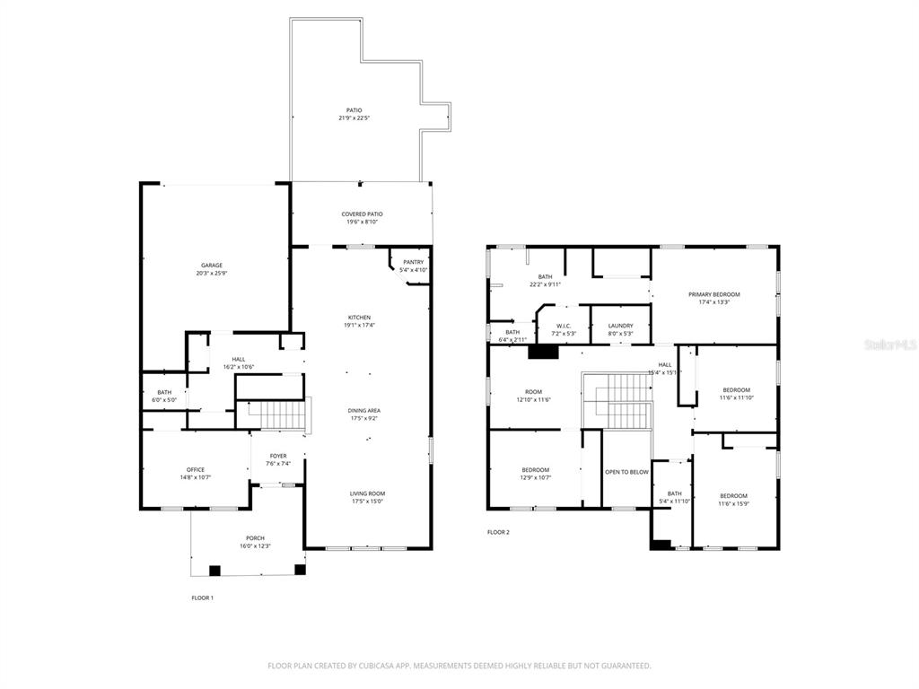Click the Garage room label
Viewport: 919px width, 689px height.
pos(212,266)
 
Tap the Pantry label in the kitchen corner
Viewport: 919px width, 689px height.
pos(413,262)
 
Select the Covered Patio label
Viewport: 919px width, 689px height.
pos(362,214)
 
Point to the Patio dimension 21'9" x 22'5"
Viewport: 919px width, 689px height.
pos(354,118)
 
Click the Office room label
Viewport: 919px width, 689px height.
pos(196,469)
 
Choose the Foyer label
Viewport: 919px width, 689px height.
pos(278,456)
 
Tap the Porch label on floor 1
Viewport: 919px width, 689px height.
pos(256,538)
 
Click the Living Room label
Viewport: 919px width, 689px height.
pos(368,493)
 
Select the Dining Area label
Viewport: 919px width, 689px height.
pos(364,411)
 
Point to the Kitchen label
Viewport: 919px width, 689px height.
pos(360,318)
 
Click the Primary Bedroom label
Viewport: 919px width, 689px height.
pos(714,294)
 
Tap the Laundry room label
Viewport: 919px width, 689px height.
pos(620,326)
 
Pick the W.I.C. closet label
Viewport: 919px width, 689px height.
pos(564,326)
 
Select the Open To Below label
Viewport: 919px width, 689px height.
pos(626,472)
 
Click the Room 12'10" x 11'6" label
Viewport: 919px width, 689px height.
pos(534,392)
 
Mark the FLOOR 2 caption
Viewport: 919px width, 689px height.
pos(498,532)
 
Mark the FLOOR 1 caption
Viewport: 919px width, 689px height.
pos(203,597)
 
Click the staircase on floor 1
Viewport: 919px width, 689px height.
pos(276,414)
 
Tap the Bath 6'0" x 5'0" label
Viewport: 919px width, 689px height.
pos(164,392)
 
